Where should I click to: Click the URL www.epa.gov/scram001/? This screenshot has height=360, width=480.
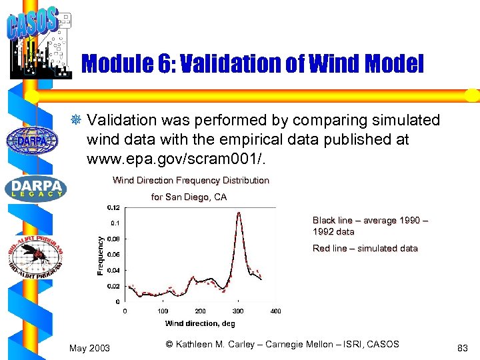click(x=181, y=161)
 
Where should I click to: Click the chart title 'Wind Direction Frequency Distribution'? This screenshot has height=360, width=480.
click(x=191, y=180)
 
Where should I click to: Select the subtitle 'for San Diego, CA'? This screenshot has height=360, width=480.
click(x=189, y=197)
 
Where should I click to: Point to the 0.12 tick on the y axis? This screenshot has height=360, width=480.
click(x=114, y=207)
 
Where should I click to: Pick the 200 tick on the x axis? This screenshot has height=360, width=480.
click(x=200, y=311)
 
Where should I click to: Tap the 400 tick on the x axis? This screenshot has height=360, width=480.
click(x=275, y=311)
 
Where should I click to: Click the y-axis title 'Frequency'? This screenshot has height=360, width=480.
click(x=100, y=256)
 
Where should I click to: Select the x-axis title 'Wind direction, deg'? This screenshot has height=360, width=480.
click(x=200, y=323)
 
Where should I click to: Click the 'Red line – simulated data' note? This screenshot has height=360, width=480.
click(x=365, y=249)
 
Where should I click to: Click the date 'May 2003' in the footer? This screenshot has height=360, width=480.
click(x=90, y=348)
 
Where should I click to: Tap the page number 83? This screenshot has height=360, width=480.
click(x=463, y=348)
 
